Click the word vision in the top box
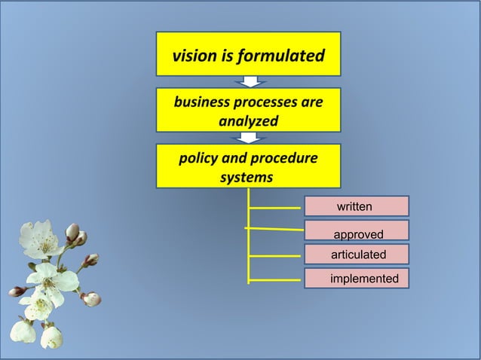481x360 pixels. tap(193, 56)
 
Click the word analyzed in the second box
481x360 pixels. tap(248, 121)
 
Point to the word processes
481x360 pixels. tap(265, 102)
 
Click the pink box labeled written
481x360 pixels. tap(356, 206)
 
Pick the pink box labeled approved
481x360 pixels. tap(356, 230)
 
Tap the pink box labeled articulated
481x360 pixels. tap(356, 255)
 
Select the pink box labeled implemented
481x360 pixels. tap(356, 279)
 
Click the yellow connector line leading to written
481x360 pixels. tap(276, 206)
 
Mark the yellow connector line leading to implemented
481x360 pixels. tap(276, 280)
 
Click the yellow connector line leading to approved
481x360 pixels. tap(276, 229)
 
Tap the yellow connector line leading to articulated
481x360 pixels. tap(276, 256)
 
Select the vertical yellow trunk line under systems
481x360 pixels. tap(249, 241)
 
